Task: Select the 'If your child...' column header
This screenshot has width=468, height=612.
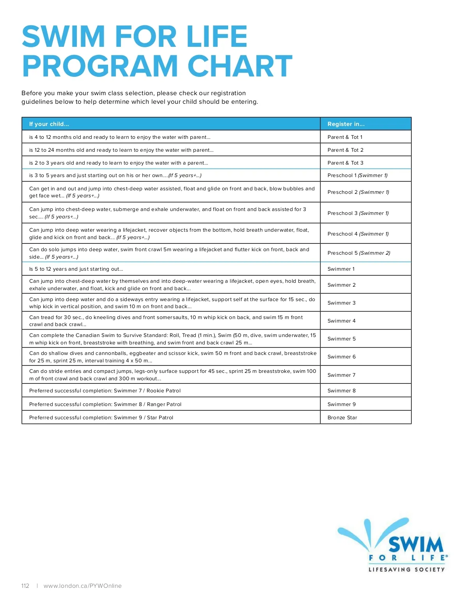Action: click(x=49, y=124)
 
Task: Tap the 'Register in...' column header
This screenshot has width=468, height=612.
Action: click(x=346, y=124)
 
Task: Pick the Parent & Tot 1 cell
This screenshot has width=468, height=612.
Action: click(x=345, y=137)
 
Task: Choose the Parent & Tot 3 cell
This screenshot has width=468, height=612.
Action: click(x=345, y=163)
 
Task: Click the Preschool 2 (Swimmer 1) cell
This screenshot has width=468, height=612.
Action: click(x=358, y=192)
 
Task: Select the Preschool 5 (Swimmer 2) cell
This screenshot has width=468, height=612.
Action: click(x=359, y=253)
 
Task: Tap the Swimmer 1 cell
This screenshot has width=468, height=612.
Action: click(x=341, y=269)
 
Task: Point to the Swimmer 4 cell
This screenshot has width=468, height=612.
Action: click(x=341, y=321)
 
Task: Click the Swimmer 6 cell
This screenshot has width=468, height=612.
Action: click(x=341, y=357)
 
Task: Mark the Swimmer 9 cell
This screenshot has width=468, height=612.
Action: click(x=341, y=404)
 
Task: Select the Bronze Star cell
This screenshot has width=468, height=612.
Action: click(x=342, y=418)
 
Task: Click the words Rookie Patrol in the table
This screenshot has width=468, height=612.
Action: click(x=163, y=391)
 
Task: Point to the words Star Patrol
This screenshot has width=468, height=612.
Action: click(x=160, y=418)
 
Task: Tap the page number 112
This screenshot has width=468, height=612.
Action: click(x=25, y=586)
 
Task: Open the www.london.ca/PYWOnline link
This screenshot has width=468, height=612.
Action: click(x=83, y=586)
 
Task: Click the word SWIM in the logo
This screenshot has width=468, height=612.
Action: click(x=416, y=544)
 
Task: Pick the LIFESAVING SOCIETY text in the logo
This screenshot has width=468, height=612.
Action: click(x=406, y=569)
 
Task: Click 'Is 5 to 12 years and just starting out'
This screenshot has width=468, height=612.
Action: click(x=76, y=269)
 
